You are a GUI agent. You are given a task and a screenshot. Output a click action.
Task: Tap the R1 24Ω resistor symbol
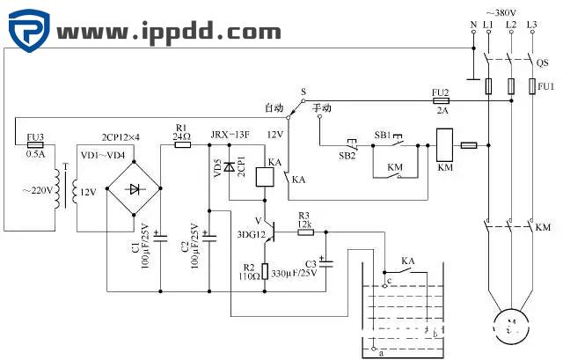[x=183, y=144]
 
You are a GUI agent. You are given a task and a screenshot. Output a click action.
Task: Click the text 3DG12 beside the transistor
[x=250, y=235]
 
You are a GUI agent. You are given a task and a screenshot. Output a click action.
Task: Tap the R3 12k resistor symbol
[x=304, y=231]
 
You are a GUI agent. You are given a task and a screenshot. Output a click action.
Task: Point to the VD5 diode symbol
[x=230, y=165]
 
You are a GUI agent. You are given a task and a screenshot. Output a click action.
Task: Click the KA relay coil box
[x=264, y=177]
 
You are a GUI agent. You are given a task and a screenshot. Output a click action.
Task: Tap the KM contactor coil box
[x=443, y=144]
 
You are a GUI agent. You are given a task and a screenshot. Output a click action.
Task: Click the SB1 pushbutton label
[x=383, y=135]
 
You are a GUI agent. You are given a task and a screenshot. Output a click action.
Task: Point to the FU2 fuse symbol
[x=440, y=101]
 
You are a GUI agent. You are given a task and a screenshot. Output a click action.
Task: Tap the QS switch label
[x=541, y=62]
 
